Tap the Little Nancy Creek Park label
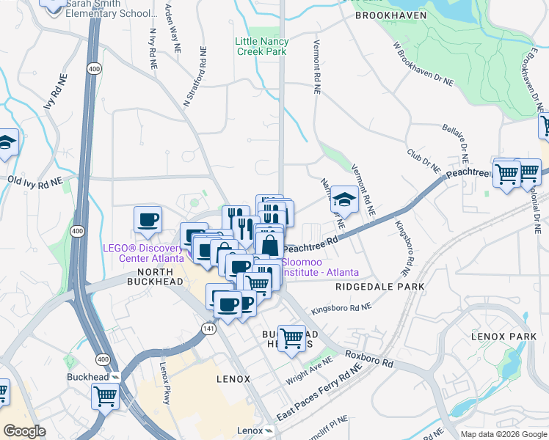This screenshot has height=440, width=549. click(262, 46)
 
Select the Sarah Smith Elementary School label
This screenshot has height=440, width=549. click(111, 9)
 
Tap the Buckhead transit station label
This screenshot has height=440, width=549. click(101, 376)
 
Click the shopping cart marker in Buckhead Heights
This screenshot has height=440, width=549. click(292, 338)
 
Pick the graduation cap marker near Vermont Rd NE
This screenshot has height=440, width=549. click(344, 199)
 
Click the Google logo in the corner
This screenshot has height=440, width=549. click(24, 431)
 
